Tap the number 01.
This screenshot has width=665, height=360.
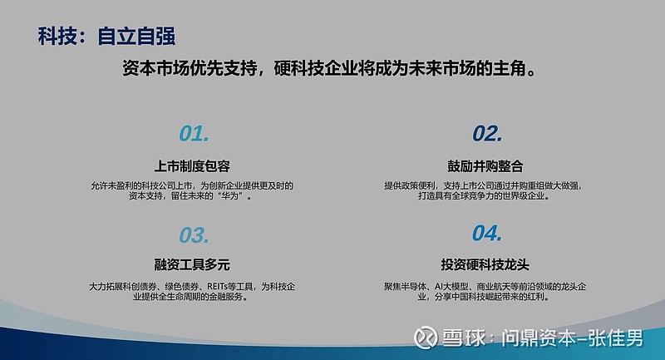pyautogui.click(x=194, y=134)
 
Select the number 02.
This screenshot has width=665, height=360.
pyautogui.click(x=487, y=134)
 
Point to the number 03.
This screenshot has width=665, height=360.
pyautogui.click(x=194, y=235)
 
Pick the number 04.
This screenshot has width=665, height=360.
pyautogui.click(x=487, y=234)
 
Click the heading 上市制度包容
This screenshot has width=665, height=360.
pyautogui.click(x=193, y=165)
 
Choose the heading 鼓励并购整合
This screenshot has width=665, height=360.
pyautogui.click(x=485, y=165)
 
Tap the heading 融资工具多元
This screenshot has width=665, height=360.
pyautogui.click(x=193, y=265)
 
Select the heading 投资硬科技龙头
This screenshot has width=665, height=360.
pyautogui.click(x=485, y=265)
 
